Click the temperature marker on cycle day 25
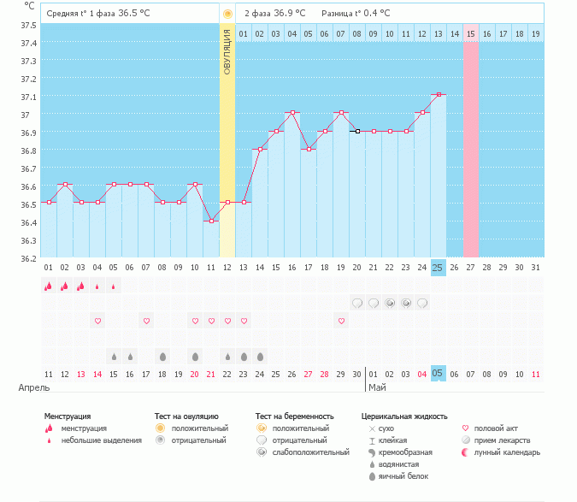click(x=439, y=95)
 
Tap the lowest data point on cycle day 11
click(x=211, y=221)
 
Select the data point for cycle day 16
click(x=292, y=113)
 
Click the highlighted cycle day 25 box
click(x=439, y=268)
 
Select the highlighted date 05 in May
click(x=439, y=373)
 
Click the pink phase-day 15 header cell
click(x=471, y=33)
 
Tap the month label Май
click(x=377, y=388)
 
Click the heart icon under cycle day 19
click(x=341, y=321)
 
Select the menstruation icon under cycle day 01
click(x=49, y=286)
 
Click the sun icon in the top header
click(x=227, y=14)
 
